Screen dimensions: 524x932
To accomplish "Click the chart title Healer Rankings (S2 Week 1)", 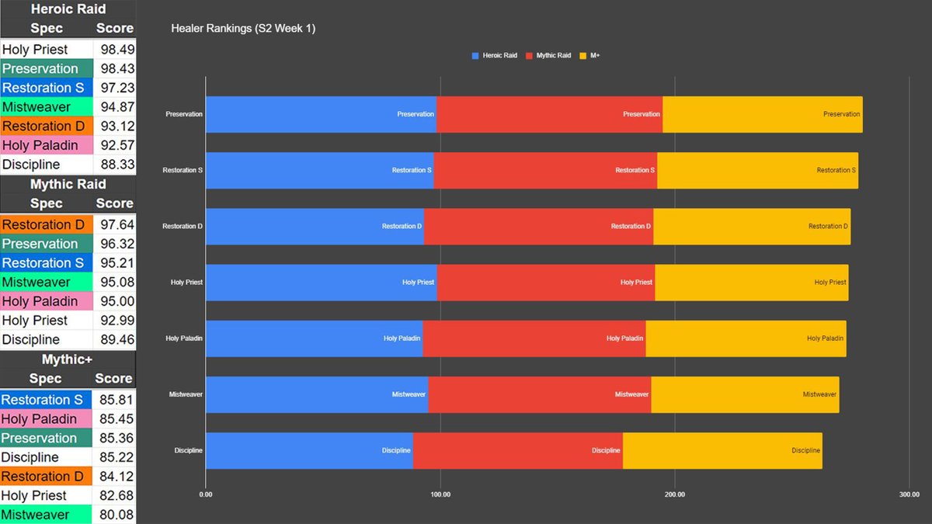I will (242, 29).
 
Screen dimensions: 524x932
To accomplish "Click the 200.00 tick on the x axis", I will (674, 494).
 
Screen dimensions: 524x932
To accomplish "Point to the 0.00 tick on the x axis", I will (206, 494).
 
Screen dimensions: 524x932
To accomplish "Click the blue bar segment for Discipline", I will (309, 450).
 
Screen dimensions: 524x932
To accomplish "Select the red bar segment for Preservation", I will (549, 114).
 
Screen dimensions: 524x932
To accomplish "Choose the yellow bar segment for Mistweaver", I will (745, 394).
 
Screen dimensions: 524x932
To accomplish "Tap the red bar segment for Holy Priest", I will (546, 283).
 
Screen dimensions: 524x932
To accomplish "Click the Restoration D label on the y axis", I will (183, 227).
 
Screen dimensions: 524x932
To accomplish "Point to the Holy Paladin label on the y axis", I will (184, 338).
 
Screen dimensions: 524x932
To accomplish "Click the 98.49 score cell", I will (115, 50).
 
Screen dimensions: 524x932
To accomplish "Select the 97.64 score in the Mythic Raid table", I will (115, 225).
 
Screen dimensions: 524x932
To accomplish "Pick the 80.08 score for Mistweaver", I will (115, 515).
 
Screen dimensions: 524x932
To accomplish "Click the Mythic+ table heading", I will (68, 359).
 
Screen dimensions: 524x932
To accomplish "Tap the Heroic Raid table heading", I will (68, 9).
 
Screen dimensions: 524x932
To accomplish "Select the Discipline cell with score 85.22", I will (47, 457).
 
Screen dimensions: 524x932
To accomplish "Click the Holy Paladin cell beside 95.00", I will (47, 301).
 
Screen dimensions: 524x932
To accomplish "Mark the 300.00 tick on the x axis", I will (909, 494).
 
